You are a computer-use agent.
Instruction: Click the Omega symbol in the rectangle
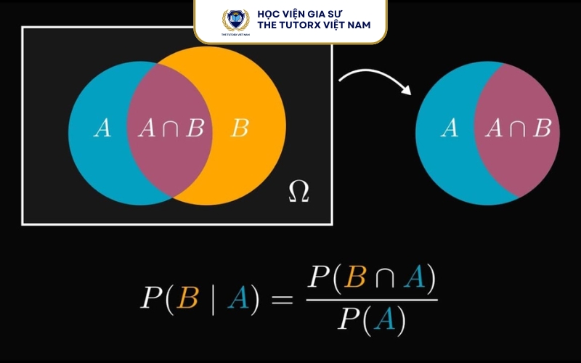[298, 192]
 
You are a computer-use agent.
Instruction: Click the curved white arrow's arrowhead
[407, 89]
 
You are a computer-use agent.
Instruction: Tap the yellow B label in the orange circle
[240, 129]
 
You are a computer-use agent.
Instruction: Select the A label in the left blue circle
[102, 129]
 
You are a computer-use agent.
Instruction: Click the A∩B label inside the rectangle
[171, 129]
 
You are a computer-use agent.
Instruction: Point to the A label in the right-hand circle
[450, 129]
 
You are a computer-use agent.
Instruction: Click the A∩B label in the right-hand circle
[519, 129]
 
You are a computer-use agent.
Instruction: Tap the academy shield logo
[235, 21]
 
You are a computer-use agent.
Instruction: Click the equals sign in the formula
[282, 299]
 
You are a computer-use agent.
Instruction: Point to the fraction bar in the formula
[372, 300]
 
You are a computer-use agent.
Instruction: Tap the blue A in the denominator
[386, 319]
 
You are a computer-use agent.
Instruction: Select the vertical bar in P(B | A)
[213, 299]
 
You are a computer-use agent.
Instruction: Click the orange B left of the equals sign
[187, 298]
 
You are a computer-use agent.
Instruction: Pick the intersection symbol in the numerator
[385, 278]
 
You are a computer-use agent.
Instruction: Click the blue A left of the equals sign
[239, 298]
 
